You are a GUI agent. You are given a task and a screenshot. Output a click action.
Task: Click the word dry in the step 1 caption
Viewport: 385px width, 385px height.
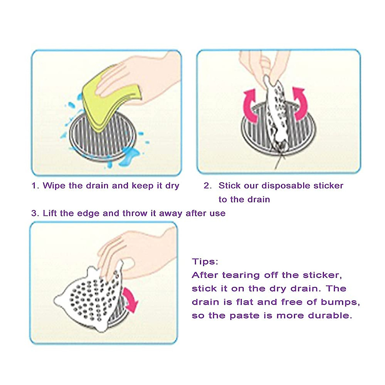(x=172, y=186)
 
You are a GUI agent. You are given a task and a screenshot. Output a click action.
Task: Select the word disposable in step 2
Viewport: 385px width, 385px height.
(x=286, y=186)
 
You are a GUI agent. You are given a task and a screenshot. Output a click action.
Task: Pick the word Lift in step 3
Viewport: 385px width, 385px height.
(x=50, y=213)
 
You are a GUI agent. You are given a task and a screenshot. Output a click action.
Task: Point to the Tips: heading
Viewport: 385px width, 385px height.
(x=205, y=261)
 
